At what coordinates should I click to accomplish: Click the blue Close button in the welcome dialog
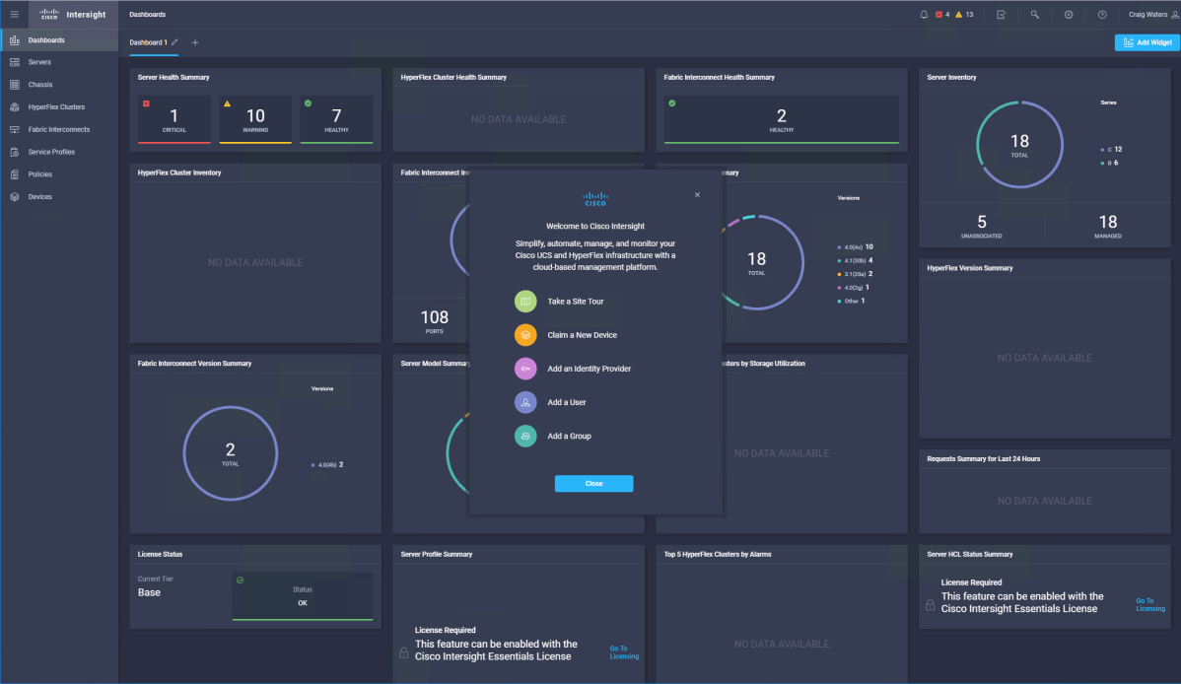[x=593, y=484]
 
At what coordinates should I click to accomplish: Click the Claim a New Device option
[x=582, y=335]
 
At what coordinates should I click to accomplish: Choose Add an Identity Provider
[x=589, y=369]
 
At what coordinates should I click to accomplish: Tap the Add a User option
[x=567, y=402]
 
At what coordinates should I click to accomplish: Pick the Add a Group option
[x=569, y=436]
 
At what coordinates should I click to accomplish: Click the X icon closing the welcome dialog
[x=697, y=195]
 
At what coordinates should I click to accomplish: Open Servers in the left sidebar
[x=39, y=62]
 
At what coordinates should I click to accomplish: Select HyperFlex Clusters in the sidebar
[x=56, y=107]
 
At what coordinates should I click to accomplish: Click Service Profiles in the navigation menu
[x=51, y=152]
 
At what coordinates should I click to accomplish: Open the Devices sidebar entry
[x=40, y=197]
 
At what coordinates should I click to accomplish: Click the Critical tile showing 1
[x=174, y=119]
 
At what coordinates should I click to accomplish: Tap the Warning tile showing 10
[x=255, y=119]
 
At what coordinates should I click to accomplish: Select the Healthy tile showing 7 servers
[x=336, y=119]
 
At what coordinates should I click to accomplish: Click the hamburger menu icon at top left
[x=15, y=15]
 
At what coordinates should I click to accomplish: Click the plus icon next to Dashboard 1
[x=195, y=43]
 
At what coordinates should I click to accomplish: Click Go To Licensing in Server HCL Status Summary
[x=1149, y=604]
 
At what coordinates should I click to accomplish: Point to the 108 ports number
[x=435, y=317]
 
